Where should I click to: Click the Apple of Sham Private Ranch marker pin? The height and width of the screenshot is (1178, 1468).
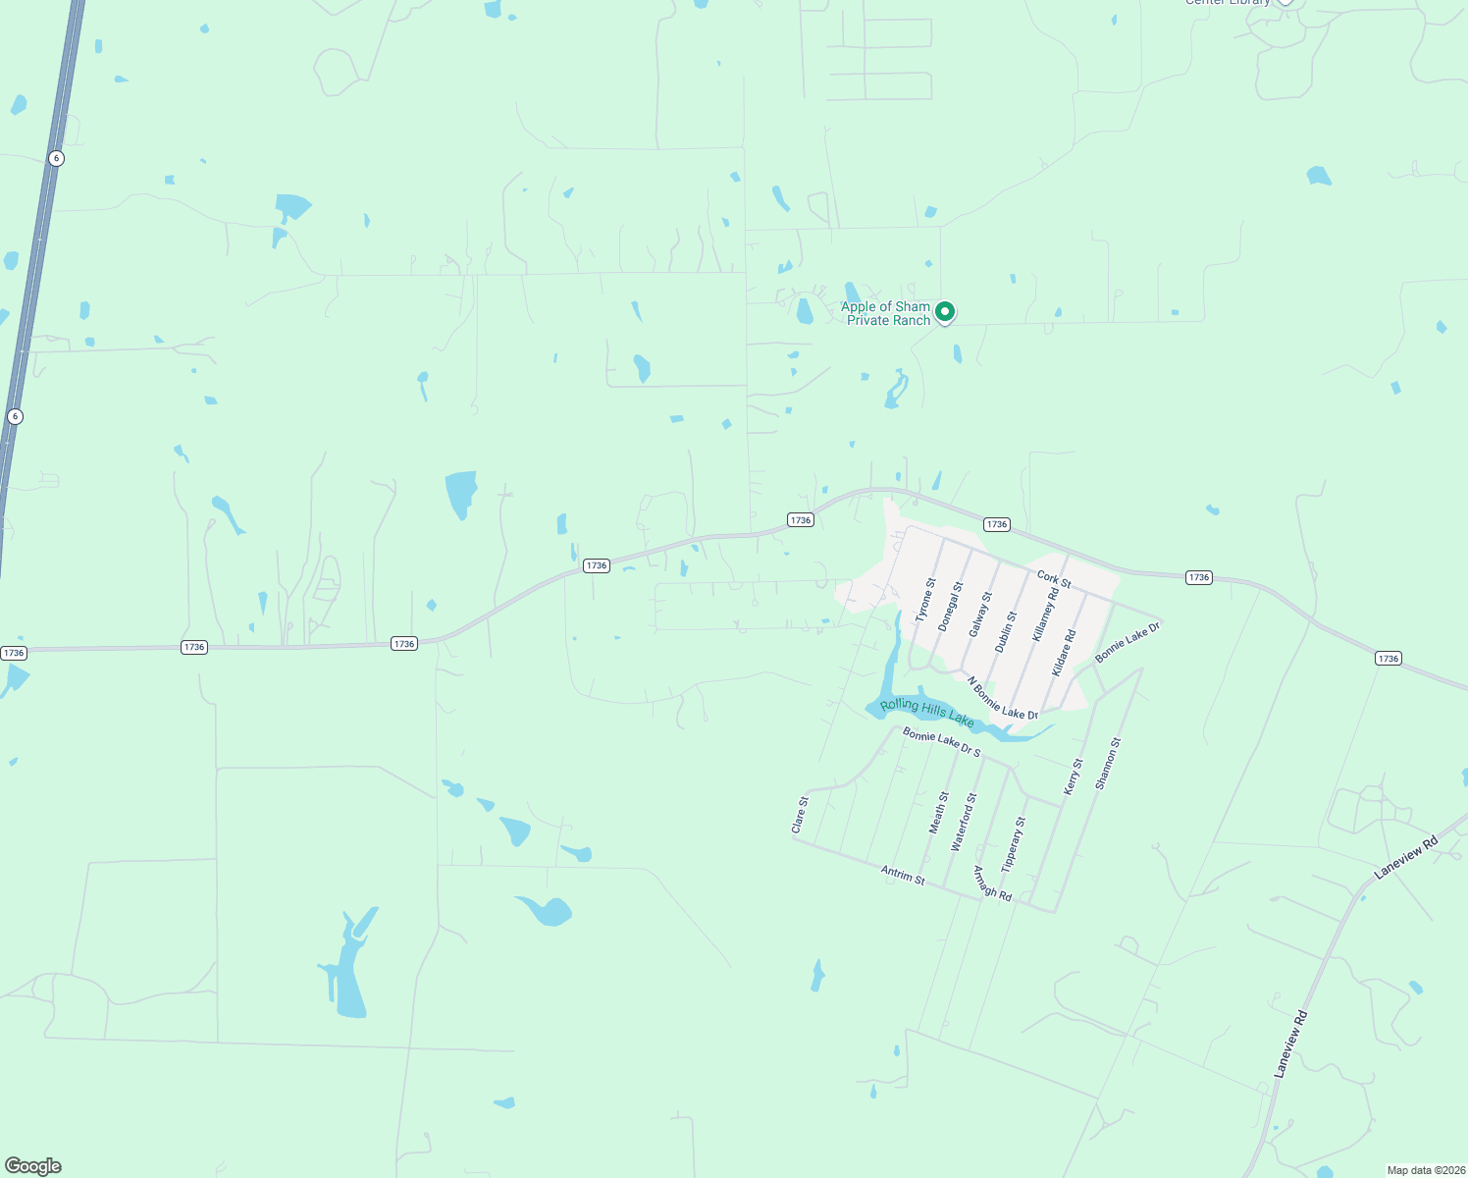(945, 312)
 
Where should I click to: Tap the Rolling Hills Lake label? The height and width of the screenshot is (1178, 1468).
(927, 713)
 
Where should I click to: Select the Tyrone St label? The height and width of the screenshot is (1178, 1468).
(925, 600)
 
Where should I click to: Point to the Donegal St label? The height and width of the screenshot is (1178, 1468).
(950, 606)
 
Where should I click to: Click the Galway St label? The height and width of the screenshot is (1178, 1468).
(980, 614)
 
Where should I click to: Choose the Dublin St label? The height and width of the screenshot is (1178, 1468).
(1006, 631)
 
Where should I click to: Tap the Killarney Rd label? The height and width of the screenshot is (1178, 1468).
(1046, 615)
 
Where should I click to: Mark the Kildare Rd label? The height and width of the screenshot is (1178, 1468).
(1064, 653)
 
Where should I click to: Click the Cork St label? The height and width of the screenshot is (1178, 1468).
(1054, 580)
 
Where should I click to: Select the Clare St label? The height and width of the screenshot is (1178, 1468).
(801, 816)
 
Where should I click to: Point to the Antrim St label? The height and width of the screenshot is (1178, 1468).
(903, 875)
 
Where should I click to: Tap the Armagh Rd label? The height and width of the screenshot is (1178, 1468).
(992, 883)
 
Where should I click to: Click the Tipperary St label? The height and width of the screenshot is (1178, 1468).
(1013, 844)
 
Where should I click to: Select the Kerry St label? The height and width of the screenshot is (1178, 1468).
(1074, 776)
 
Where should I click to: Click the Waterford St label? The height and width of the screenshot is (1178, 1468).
(965, 822)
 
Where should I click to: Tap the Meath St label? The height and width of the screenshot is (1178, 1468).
(939, 813)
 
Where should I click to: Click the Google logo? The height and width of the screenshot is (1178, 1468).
(32, 1166)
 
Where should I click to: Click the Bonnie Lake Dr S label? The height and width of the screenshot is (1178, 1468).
(941, 742)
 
